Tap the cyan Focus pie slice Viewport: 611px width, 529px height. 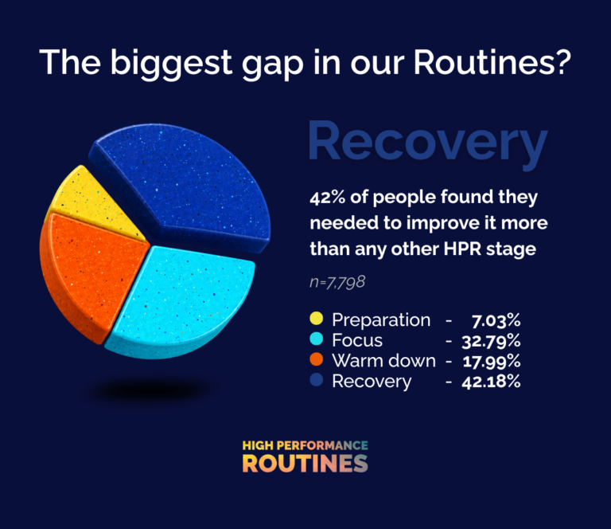pos(181,300)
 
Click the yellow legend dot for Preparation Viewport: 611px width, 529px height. pos(317,319)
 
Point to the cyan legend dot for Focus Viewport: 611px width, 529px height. pos(317,339)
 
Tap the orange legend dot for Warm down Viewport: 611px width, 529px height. pos(317,359)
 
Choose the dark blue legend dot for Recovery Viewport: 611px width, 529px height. pos(317,379)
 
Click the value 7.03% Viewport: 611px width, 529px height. pos(496,321)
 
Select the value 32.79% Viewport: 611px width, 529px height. pos(491,341)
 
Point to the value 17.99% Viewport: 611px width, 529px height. pos(492,361)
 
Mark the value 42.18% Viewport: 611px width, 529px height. pos(491,382)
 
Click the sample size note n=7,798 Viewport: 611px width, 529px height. pos(337,282)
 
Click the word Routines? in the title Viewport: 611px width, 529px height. pos(492,61)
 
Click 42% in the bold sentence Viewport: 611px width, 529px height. pos(327,197)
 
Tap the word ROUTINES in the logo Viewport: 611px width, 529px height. pos(305,464)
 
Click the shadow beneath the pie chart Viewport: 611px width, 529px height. pos(150,390)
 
